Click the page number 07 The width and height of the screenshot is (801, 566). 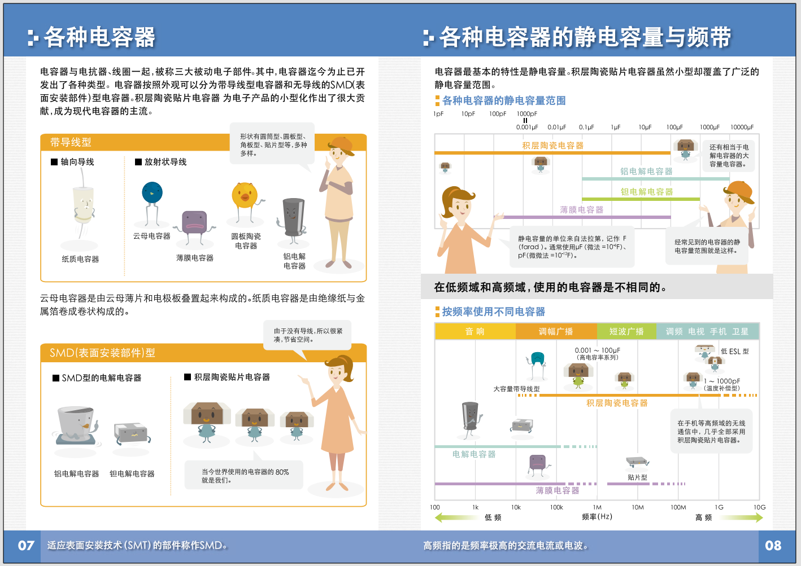tap(26, 546)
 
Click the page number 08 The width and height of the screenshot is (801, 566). tap(773, 546)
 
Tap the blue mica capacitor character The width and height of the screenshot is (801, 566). tap(152, 194)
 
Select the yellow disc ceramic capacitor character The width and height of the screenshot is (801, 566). tap(245, 195)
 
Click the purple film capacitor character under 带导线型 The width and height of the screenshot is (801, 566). tap(194, 223)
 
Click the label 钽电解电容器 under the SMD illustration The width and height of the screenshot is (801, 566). tap(132, 474)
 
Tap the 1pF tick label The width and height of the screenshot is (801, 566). tap(438, 114)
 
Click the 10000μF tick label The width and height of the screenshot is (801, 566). tap(742, 128)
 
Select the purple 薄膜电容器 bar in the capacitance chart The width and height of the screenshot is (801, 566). tap(582, 217)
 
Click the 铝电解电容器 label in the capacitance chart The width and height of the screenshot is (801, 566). tap(646, 171)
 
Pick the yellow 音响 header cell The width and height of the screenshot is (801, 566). tap(474, 331)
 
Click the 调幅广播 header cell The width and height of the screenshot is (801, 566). tap(556, 331)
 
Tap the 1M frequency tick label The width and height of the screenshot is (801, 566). tap(597, 507)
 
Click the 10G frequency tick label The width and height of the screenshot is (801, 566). tap(759, 507)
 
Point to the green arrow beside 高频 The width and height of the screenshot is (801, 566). tap(740, 517)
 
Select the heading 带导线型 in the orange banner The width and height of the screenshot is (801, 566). tap(71, 142)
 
